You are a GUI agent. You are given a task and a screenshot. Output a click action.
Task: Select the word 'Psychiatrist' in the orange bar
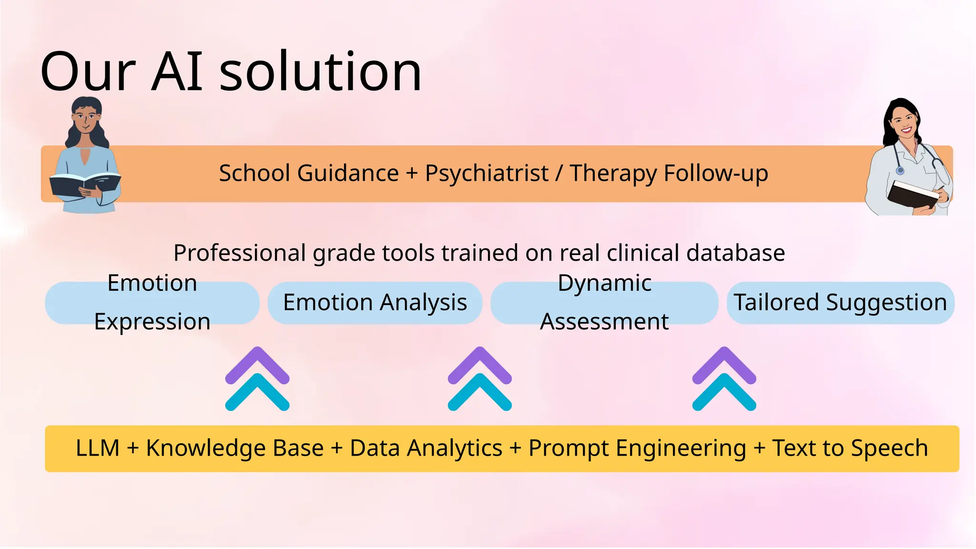[x=487, y=173]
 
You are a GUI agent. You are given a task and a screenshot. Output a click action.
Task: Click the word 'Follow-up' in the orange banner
[x=716, y=173]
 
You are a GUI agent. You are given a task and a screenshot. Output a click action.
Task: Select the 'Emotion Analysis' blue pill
[x=375, y=303]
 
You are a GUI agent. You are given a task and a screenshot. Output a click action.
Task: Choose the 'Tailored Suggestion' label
[x=840, y=303]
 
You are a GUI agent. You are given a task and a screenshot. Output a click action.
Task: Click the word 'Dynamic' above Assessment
[x=604, y=283]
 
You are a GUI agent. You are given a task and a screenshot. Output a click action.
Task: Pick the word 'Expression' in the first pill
[x=152, y=322]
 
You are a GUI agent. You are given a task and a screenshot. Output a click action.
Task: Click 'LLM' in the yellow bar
[x=98, y=448]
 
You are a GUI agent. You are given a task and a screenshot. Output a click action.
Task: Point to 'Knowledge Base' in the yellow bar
[x=234, y=448]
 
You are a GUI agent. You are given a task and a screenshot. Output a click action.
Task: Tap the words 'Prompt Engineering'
[x=637, y=448]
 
